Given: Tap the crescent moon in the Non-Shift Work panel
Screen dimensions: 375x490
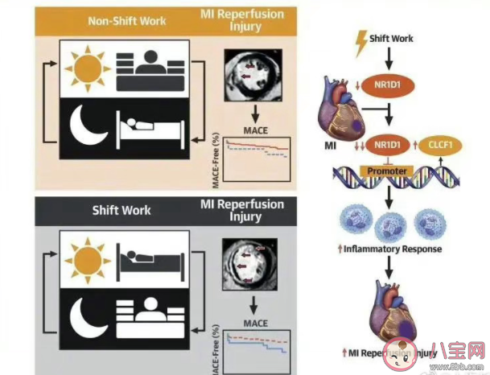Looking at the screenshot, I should coord(91,130).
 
